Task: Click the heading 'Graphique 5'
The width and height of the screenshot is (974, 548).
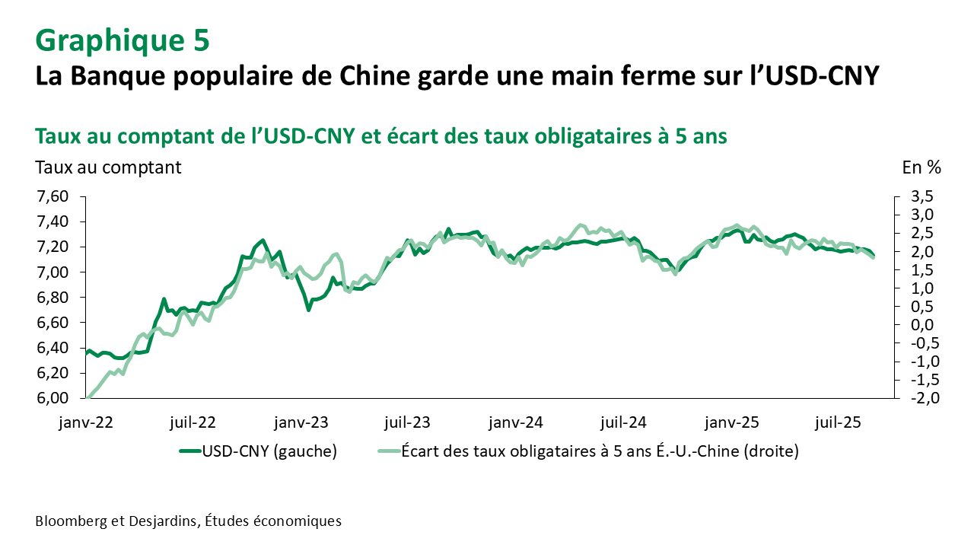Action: (x=122, y=40)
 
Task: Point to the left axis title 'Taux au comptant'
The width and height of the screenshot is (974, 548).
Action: (x=108, y=167)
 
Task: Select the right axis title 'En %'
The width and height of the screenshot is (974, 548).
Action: (x=921, y=167)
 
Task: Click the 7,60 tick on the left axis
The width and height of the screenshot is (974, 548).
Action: (x=53, y=197)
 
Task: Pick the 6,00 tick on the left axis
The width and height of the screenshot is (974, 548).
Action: (x=53, y=398)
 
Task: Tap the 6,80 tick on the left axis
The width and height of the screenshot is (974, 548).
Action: (x=53, y=298)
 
